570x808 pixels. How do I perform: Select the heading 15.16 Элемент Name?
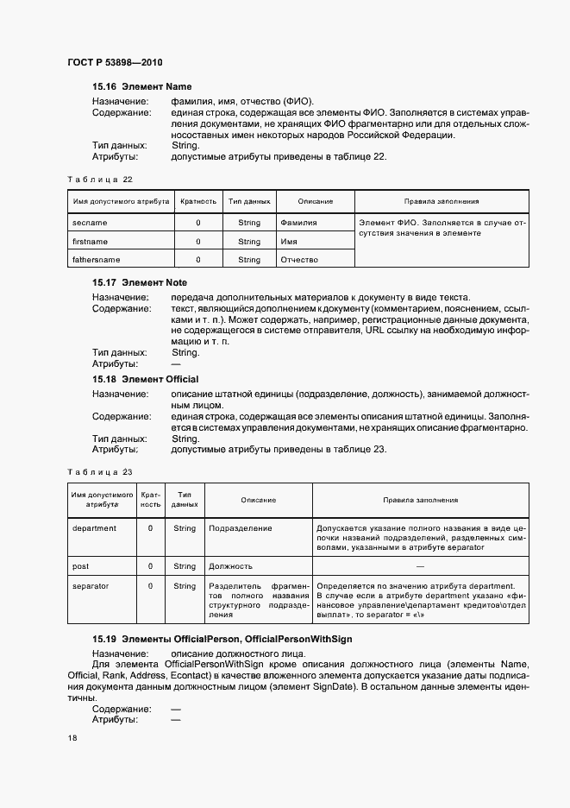(x=141, y=87)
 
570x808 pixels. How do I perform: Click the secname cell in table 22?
(x=91, y=223)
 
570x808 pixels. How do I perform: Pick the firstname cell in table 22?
(x=91, y=242)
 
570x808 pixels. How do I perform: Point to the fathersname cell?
(x=97, y=260)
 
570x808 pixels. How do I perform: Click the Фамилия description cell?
(x=298, y=223)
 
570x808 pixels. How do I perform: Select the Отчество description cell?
(x=299, y=260)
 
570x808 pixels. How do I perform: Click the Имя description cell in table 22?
(x=289, y=242)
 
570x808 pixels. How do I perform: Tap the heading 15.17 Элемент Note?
(x=140, y=282)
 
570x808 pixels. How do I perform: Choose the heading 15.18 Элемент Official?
(x=145, y=379)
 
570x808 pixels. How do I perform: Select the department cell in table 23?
(x=94, y=528)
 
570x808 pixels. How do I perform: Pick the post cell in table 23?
(x=81, y=566)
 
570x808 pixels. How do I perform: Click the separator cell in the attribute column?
(x=91, y=586)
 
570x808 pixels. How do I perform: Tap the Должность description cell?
(x=230, y=566)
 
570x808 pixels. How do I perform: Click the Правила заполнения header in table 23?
(x=420, y=500)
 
